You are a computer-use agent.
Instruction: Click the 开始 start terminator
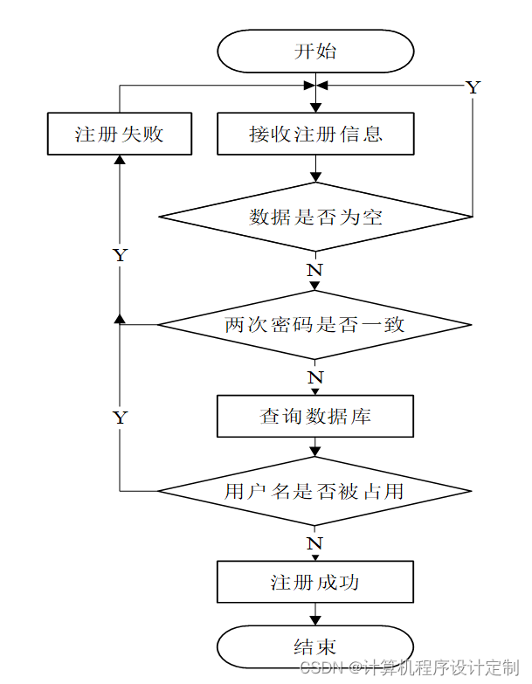[315, 51]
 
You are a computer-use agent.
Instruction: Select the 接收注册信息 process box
[315, 135]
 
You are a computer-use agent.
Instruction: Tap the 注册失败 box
[119, 135]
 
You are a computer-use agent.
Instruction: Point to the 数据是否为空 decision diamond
[315, 217]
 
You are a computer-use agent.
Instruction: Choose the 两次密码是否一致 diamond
[315, 325]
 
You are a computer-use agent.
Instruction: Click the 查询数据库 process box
[315, 417]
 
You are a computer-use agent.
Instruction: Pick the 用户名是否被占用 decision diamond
[315, 491]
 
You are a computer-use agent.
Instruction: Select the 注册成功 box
[315, 582]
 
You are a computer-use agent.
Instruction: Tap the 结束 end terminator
[315, 647]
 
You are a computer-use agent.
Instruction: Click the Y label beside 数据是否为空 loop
[473, 87]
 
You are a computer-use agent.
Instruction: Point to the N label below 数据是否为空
[315, 270]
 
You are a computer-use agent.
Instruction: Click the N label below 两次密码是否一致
[315, 378]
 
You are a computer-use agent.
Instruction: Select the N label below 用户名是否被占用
[315, 543]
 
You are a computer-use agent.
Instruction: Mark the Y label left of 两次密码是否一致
[120, 256]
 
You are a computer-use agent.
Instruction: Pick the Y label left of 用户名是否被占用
[120, 418]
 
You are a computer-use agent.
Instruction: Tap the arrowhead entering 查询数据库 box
[315, 392]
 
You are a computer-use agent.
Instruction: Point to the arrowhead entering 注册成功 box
[315, 556]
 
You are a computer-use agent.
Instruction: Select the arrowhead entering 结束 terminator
[315, 622]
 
